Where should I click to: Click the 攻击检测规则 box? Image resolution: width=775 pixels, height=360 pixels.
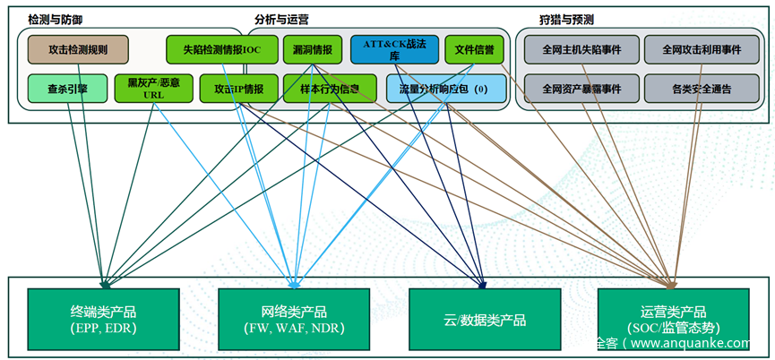pyautogui.click(x=78, y=49)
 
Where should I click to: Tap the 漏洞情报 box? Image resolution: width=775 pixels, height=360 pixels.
pyautogui.click(x=313, y=49)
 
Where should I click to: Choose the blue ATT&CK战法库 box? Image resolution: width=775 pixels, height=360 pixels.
pyautogui.click(x=394, y=49)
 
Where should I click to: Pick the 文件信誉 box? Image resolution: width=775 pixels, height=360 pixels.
pyautogui.click(x=475, y=49)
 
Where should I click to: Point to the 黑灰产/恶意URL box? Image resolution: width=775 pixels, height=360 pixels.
pyautogui.click(x=153, y=89)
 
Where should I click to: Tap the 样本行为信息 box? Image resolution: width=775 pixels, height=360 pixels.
pyautogui.click(x=329, y=89)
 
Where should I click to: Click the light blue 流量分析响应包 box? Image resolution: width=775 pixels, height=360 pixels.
pyautogui.click(x=445, y=89)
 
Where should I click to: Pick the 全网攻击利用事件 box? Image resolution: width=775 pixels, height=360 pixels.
pyautogui.click(x=702, y=49)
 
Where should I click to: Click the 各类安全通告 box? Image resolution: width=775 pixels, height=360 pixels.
pyautogui.click(x=702, y=89)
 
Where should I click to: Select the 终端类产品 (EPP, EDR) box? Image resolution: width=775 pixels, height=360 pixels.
pyautogui.click(x=103, y=320)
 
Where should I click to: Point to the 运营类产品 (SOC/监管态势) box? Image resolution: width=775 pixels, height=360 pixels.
pyautogui.click(x=673, y=320)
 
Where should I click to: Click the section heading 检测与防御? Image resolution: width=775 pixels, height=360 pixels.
pyautogui.click(x=62, y=18)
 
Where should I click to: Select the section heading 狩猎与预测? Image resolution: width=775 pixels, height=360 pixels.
pyautogui.click(x=566, y=18)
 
